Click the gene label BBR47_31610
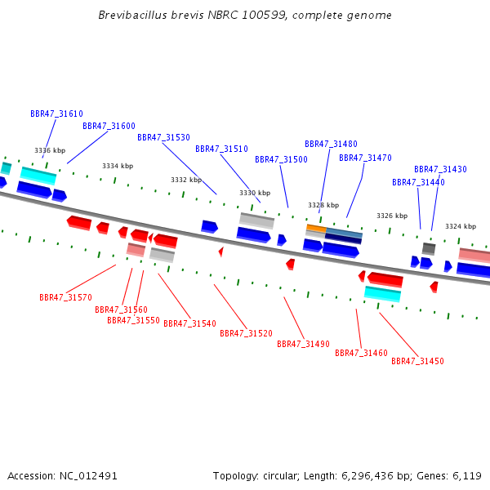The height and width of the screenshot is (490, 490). pos(56,114)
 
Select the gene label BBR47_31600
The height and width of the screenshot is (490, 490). pos(109,126)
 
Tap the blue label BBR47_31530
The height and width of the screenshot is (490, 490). pos(164,137)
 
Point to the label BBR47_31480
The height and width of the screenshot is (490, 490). pos(331,144)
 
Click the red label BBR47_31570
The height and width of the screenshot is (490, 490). pos(65,297)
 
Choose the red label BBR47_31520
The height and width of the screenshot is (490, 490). pos(247,333)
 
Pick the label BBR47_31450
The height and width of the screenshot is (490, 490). pos(417,361)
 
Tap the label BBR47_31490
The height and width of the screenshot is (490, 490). pos(304,344)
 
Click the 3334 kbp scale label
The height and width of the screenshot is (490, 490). pos(118,167)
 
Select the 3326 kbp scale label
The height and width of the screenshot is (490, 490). pos(392,216)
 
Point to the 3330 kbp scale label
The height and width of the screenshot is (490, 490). pos(255,193)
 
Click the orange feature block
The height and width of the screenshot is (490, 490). pos(316,228)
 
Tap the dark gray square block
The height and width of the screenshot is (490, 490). pos(429,249)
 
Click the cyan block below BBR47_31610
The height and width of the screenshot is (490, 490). pos(38,176)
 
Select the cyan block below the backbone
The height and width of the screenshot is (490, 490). pos(382,294)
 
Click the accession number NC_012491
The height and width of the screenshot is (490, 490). pos(88,476)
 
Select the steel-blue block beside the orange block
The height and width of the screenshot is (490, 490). pos(344,233)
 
